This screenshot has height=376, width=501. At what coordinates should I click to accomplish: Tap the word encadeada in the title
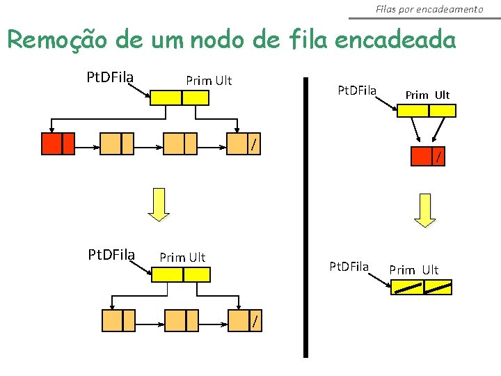[x=395, y=40]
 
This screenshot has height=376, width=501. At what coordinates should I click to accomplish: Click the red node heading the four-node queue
[x=58, y=143]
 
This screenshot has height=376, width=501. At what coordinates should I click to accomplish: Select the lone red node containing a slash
[x=430, y=157]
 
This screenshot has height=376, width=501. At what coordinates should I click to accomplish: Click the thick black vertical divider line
[x=305, y=216]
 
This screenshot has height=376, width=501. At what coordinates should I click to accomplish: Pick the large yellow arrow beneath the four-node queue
[x=159, y=204]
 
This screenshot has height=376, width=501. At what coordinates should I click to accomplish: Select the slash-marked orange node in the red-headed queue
[x=245, y=143]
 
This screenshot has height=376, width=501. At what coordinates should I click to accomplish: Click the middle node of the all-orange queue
[x=182, y=320]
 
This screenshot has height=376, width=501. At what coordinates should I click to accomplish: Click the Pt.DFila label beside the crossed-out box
[x=349, y=266]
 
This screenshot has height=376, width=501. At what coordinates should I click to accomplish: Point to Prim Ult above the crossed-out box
[x=413, y=269]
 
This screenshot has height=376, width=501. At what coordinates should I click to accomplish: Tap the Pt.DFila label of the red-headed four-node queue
[x=110, y=75]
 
